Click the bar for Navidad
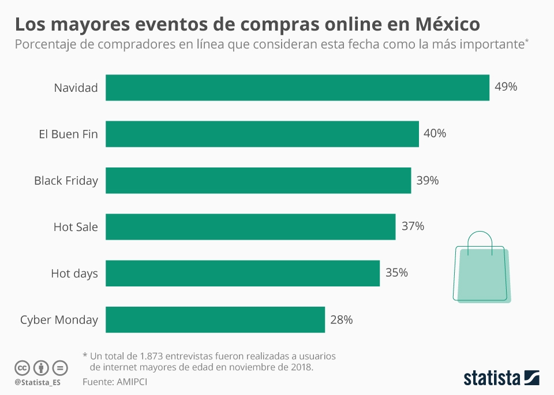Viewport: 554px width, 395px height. (x=297, y=88)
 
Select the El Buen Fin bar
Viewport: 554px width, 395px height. (x=262, y=134)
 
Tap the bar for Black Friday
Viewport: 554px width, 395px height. (x=258, y=180)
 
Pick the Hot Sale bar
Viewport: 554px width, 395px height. (x=250, y=227)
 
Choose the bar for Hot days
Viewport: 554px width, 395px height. (x=242, y=273)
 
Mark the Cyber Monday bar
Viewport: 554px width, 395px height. (x=215, y=319)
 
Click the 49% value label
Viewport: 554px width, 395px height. (x=506, y=87)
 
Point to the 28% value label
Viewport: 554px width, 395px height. (x=341, y=319)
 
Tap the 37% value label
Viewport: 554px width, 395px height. (x=413, y=226)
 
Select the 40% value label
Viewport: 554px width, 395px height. (x=435, y=133)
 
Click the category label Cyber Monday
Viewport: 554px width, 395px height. (x=59, y=319)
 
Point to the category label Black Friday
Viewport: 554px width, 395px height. (x=66, y=180)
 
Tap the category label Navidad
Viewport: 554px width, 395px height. (x=76, y=88)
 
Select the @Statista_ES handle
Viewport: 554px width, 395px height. (x=38, y=382)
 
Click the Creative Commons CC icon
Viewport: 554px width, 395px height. (x=22, y=367)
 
